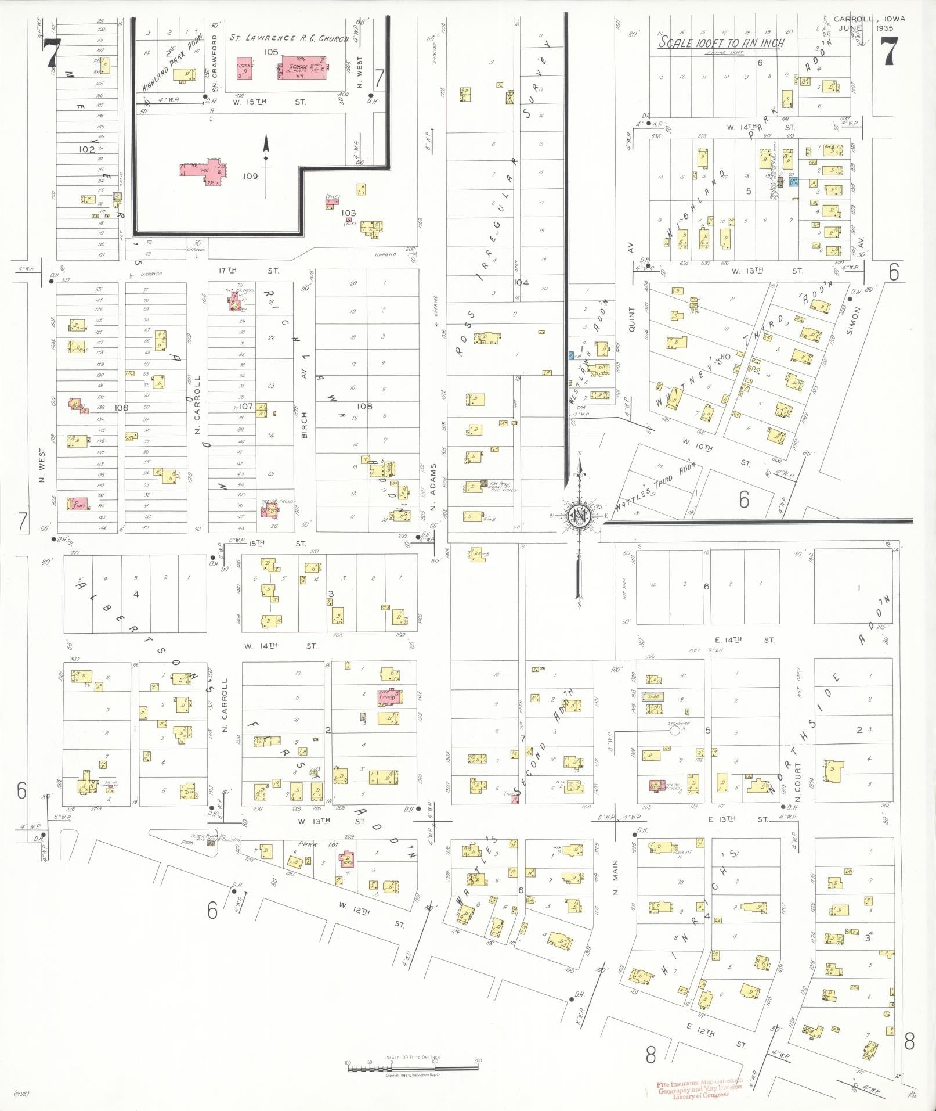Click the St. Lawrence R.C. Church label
(x=290, y=38)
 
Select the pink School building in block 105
(x=303, y=69)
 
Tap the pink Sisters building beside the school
(x=245, y=69)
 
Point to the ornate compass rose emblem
(x=578, y=514)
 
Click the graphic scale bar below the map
(x=413, y=1067)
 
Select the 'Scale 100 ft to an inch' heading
(x=721, y=44)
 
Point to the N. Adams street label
(x=433, y=479)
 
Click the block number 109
(x=250, y=176)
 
